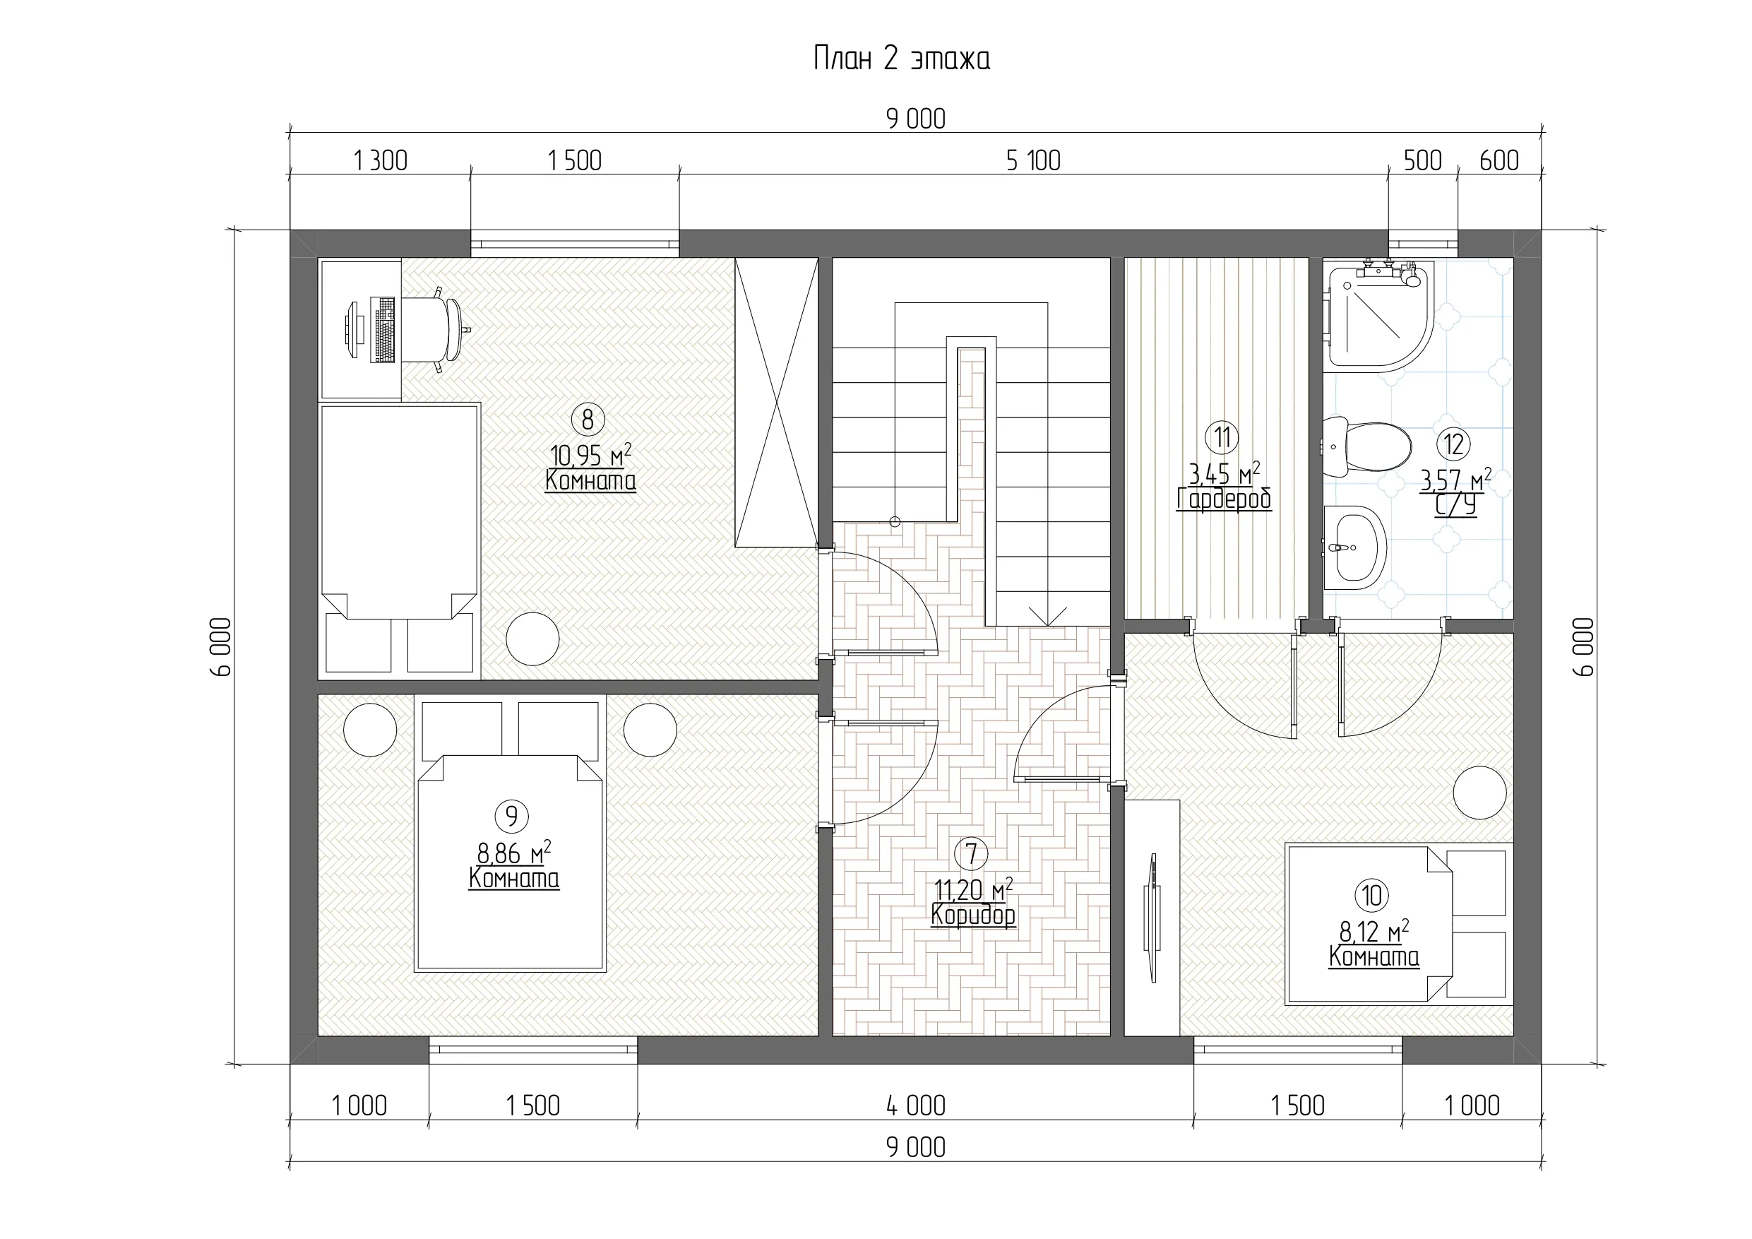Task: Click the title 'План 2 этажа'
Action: coord(901,59)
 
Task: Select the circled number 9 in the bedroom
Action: coord(512,816)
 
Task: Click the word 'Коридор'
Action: coord(973,915)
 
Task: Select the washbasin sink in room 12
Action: coord(1354,547)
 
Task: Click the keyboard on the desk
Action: coord(384,329)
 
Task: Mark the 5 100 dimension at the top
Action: coord(1033,161)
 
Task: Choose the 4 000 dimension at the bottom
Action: coord(916,1105)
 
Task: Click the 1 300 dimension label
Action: coord(380,161)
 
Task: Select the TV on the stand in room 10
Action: coord(1151,918)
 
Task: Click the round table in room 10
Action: coord(1479,793)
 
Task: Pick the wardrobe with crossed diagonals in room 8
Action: coord(776,403)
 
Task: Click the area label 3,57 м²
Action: coord(1455,480)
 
